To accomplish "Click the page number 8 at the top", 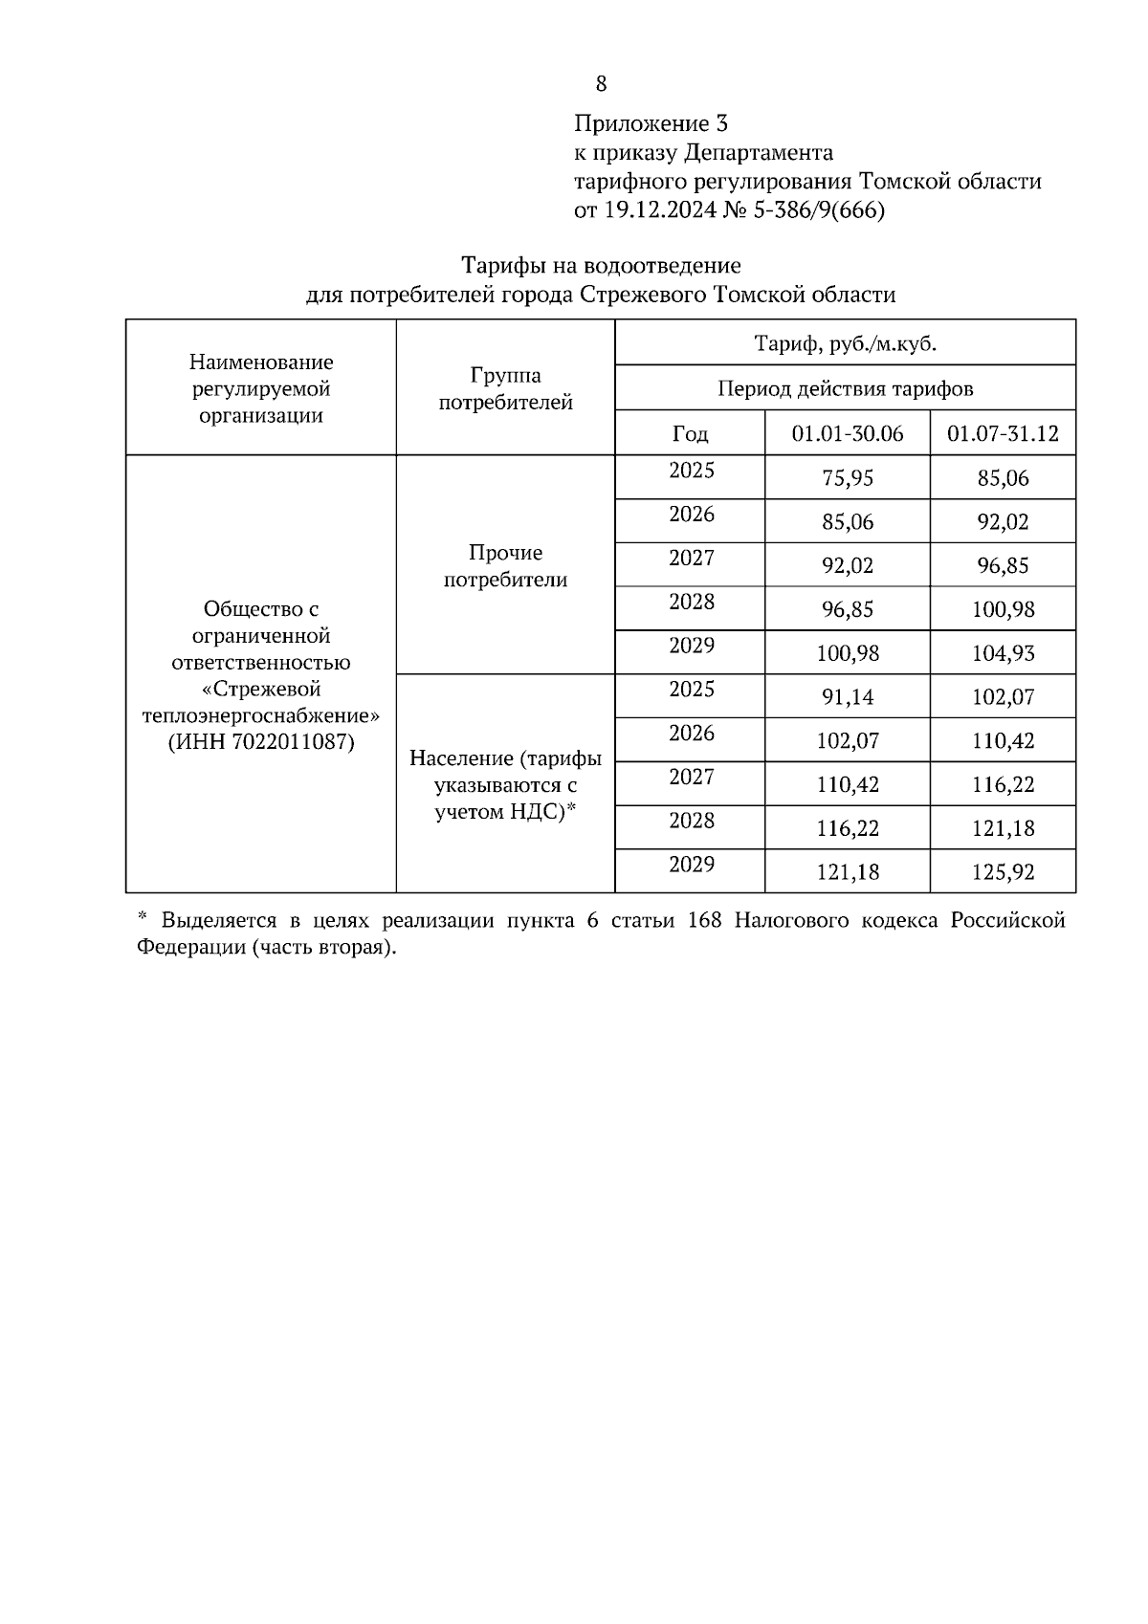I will [x=601, y=84].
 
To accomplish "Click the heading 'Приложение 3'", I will [x=651, y=123].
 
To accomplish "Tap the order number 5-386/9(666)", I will [x=820, y=210].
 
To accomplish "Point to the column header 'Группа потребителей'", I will [x=505, y=389].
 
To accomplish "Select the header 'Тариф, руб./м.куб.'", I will [x=845, y=343].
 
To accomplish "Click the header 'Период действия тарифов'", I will [x=845, y=388].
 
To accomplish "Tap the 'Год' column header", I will [x=690, y=434].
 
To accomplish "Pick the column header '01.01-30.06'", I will [x=847, y=434].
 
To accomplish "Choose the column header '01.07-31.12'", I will [x=1003, y=434].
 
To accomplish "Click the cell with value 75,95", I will [x=847, y=478].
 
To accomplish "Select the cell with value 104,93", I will [x=1003, y=654].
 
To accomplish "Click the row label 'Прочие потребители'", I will [x=505, y=566].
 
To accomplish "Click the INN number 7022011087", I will [x=292, y=742].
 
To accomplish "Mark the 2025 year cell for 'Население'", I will [x=691, y=690].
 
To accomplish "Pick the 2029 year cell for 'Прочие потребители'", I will [x=691, y=646].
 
